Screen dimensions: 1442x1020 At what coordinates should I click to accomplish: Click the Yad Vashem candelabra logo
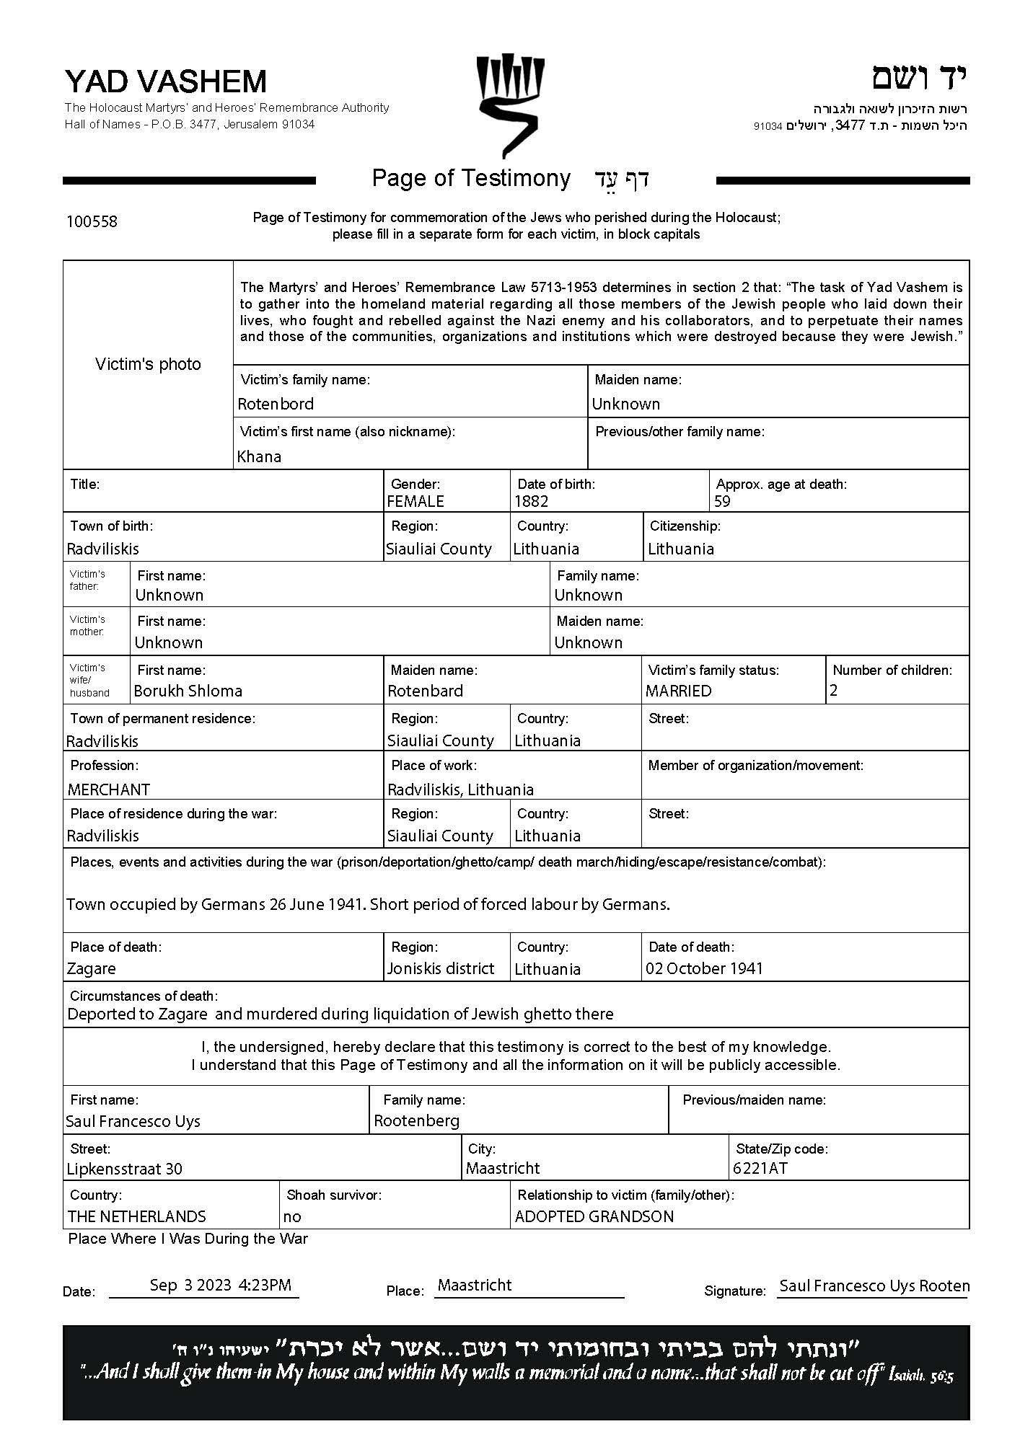coord(509,105)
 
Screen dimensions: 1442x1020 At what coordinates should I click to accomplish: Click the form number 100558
coord(92,221)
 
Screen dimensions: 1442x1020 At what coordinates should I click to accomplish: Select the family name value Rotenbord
coord(276,404)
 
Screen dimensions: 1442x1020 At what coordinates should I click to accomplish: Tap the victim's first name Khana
coord(259,456)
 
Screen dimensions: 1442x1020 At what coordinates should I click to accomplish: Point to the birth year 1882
coord(531,501)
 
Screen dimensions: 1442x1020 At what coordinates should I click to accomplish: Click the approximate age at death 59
coord(722,501)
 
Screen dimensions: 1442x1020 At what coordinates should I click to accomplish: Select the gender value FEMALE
coord(416,501)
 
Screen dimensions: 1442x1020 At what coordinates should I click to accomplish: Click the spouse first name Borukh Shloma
coord(188,691)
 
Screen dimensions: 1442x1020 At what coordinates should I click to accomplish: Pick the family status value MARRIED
coord(678,691)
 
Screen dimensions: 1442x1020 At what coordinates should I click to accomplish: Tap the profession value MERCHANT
coord(109,789)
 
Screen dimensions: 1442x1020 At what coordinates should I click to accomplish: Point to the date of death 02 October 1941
coord(704,968)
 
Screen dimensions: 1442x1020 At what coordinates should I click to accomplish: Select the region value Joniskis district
coord(441,968)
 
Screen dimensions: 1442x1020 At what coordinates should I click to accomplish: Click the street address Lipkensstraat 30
coord(124,1169)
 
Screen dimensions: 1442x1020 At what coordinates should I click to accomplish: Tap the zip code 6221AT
coord(760,1168)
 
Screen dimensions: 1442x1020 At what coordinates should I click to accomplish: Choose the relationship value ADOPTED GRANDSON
coord(594,1216)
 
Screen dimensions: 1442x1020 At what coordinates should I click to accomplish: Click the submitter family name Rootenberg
coord(416,1120)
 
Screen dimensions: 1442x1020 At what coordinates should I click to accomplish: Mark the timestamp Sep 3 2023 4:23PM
coord(221,1285)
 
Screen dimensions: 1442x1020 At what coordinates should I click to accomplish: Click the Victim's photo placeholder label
coord(148,364)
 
